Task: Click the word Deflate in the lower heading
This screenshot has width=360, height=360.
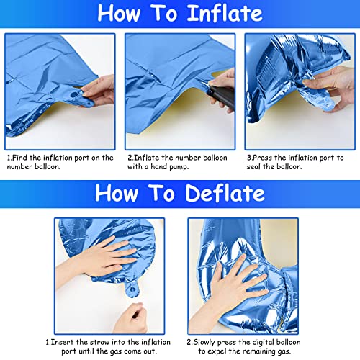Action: [223, 192]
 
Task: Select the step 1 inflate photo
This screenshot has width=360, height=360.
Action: [61, 89]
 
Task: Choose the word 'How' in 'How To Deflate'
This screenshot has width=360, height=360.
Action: [120, 192]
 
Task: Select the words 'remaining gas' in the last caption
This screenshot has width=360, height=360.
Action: [273, 332]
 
